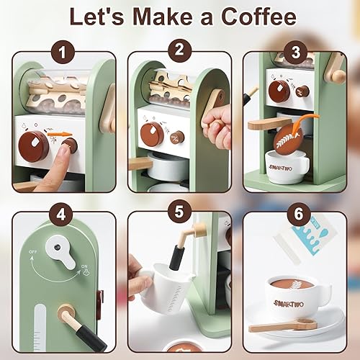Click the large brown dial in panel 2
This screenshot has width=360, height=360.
coord(153,134)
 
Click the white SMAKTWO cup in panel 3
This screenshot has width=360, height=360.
coord(288,166)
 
